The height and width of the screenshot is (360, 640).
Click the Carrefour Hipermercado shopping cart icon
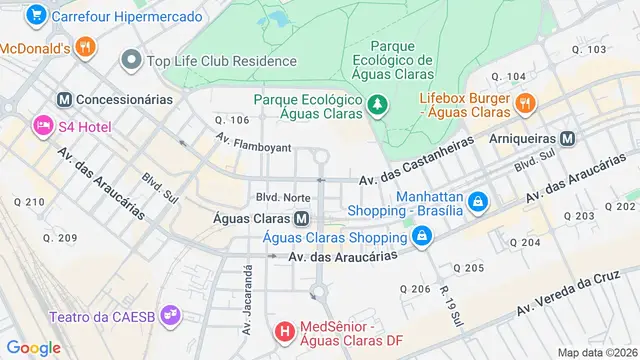tap(37, 16)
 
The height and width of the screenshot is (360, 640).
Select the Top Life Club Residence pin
tap(130, 61)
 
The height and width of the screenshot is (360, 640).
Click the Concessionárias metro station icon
tap(64, 99)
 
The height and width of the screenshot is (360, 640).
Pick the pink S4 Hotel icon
tap(43, 125)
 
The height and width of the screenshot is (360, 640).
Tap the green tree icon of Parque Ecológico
tap(377, 102)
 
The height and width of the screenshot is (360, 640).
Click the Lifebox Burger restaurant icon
tap(524, 102)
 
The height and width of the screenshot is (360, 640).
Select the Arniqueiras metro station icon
tap(568, 138)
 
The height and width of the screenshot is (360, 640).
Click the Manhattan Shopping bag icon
tap(478, 202)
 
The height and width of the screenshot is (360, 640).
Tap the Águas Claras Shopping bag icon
tap(423, 237)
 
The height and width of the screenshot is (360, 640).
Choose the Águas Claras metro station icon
tap(300, 219)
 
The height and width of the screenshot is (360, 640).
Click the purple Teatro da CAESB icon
tap(171, 315)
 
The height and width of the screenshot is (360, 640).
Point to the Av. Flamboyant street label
tap(254, 146)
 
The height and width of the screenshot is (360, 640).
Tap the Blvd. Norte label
tap(282, 197)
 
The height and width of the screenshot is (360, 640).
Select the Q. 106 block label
tap(231, 120)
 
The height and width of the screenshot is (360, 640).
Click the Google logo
tap(33, 347)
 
